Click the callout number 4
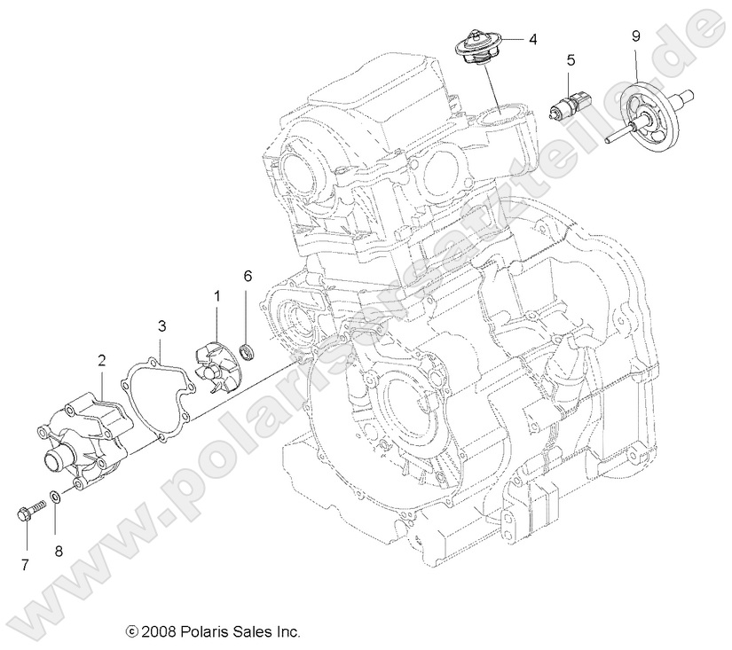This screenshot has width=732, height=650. [x=532, y=39]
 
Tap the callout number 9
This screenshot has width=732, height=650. [x=635, y=35]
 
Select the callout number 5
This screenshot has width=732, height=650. [x=571, y=60]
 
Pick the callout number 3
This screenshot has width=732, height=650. [x=161, y=325]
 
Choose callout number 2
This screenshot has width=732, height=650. [x=102, y=360]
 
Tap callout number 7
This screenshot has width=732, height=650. [x=24, y=564]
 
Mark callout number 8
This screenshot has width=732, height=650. [x=59, y=551]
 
